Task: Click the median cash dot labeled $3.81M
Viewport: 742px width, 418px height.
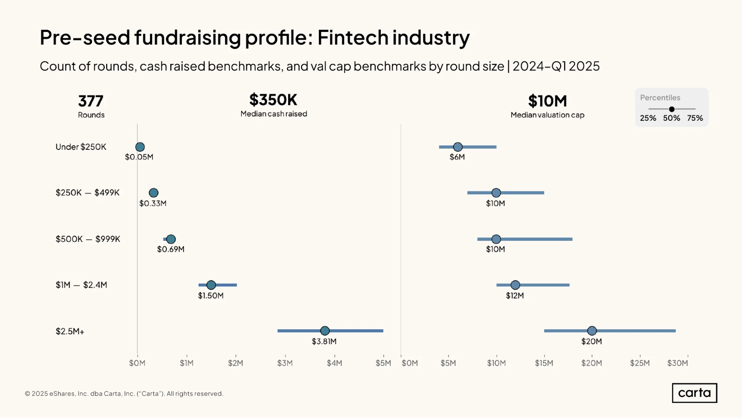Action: point(325,331)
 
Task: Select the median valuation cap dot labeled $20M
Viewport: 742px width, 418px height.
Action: point(592,331)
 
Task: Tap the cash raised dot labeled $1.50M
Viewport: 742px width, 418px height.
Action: point(211,285)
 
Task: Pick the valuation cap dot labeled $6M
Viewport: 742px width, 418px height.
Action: point(458,147)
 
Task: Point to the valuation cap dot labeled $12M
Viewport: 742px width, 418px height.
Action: point(515,285)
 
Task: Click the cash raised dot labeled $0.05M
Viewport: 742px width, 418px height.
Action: point(140,147)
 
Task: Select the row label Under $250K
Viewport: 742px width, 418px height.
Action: point(81,147)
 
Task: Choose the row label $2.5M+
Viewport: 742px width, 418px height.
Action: point(70,331)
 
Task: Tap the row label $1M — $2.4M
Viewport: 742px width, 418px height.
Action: point(81,285)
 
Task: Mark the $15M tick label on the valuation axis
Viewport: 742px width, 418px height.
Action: point(544,363)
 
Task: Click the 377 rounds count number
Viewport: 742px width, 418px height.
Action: point(91,101)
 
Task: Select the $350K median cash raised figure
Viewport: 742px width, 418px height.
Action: point(274,100)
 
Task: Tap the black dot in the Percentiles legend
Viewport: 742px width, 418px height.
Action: point(672,109)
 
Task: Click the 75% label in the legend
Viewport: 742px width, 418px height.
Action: point(695,118)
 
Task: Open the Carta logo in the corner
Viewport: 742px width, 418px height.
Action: point(694,393)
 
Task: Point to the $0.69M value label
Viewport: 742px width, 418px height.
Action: point(171,249)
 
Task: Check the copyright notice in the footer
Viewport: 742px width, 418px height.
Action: point(124,394)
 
